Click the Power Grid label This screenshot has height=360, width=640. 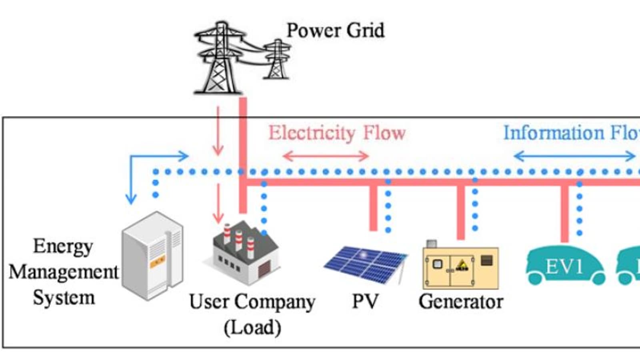point(335,31)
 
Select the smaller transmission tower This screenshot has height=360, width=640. point(277,59)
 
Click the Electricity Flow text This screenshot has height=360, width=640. point(337,133)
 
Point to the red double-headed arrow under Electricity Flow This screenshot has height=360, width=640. point(325,156)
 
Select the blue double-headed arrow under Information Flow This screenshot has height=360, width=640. point(574,156)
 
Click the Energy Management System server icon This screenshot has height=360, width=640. point(152,256)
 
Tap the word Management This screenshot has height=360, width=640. point(63,272)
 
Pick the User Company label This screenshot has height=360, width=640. point(252,302)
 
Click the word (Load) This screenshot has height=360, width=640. point(252,328)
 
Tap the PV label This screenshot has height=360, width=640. point(365,302)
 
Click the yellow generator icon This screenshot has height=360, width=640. point(460,266)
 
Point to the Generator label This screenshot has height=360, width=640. point(461,302)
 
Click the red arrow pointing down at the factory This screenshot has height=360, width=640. point(218,204)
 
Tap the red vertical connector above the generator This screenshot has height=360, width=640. point(461,212)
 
